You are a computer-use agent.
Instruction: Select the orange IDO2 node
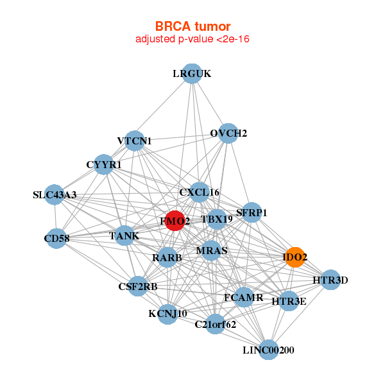[294, 257]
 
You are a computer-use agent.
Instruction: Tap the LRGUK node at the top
[192, 73]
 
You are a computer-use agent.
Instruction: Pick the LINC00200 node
[269, 350]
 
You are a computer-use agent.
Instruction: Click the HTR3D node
[330, 280]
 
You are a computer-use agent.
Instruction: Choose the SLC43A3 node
[54, 194]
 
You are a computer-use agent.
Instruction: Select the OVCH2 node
[228, 133]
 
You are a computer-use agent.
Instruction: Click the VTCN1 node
[134, 141]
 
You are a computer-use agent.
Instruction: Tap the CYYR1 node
[104, 164]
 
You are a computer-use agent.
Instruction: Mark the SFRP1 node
[252, 212]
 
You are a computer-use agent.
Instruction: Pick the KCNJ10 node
[167, 313]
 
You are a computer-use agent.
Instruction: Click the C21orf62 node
[216, 324]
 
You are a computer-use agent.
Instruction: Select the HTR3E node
[289, 300]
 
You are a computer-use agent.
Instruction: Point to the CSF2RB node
[137, 286]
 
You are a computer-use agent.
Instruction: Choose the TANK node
[124, 235]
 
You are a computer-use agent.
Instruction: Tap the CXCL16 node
[200, 192]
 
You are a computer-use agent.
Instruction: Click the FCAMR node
[244, 297]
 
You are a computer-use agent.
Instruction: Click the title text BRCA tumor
[193, 26]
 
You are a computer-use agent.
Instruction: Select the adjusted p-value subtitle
[193, 39]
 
